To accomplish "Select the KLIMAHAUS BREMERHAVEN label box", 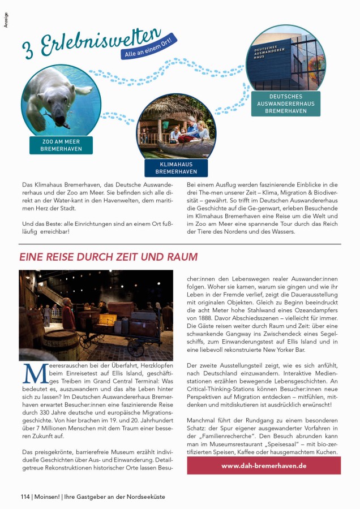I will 176,168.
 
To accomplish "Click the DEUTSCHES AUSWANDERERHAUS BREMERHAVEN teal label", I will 286,104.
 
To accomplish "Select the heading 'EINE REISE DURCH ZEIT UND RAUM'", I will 108,257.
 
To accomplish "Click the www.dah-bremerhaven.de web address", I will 264,465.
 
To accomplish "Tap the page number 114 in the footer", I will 25,497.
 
